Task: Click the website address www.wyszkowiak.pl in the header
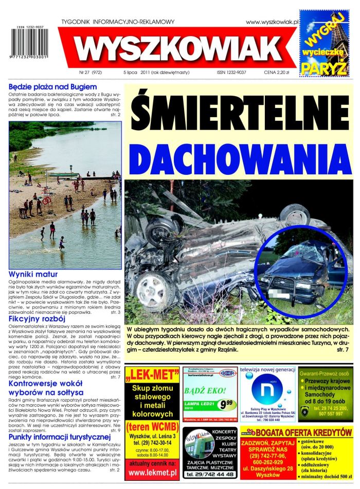[272, 22]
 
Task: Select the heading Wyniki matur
[33, 275]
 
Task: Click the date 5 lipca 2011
[138, 73]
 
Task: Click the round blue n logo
[267, 392]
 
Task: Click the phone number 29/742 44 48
[210, 474]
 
